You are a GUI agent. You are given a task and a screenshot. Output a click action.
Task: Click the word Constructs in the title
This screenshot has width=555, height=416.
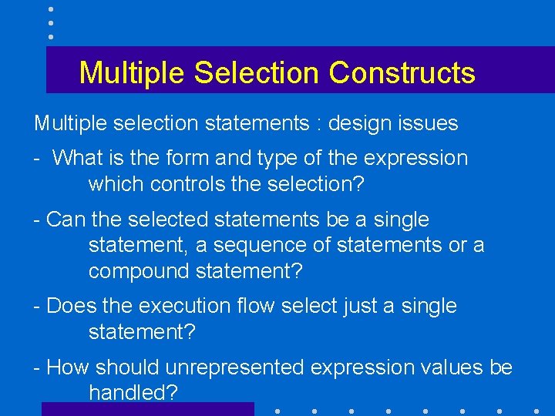[402, 73]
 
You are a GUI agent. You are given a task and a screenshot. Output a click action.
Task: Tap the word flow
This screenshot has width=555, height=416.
[255, 306]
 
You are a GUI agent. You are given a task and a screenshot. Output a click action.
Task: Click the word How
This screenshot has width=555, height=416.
[69, 367]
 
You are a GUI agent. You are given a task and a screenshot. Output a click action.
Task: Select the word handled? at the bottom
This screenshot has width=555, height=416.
[133, 393]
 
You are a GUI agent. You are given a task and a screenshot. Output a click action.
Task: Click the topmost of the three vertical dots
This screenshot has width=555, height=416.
[50, 9]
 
